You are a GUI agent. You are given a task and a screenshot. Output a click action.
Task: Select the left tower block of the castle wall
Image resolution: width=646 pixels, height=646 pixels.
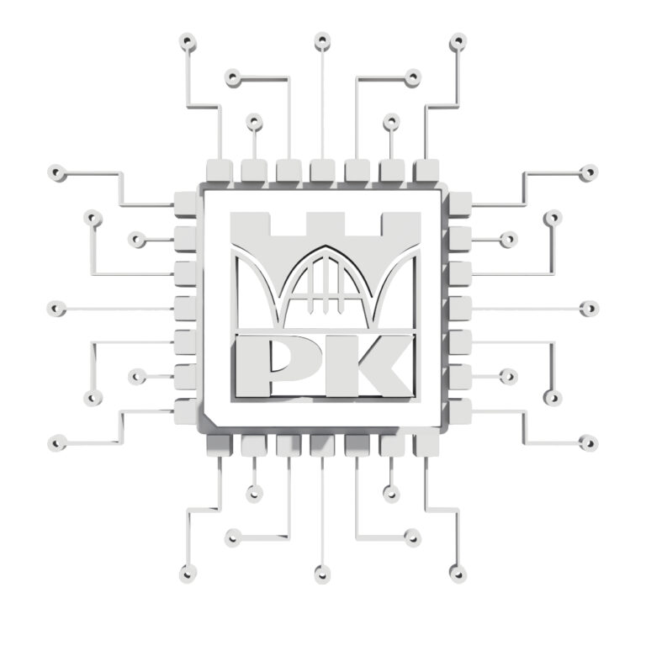coord(250,225)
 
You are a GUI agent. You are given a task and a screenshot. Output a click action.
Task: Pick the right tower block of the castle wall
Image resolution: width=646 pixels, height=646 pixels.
coord(401,225)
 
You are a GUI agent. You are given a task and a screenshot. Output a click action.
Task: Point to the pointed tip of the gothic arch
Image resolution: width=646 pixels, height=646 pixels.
coord(326,246)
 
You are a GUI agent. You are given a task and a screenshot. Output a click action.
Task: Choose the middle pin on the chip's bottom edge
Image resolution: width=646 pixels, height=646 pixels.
coord(322,446)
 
